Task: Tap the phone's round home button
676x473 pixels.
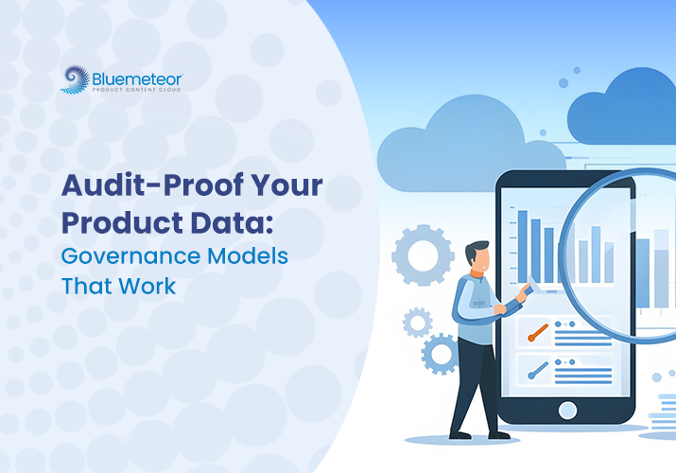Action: pos(567,410)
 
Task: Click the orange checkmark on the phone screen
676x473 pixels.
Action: pos(538,331)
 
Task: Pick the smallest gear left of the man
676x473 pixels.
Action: pos(417,322)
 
